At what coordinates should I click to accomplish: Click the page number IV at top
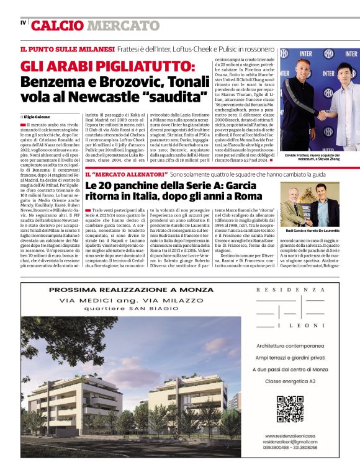(23, 23)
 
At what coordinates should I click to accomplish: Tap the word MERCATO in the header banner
(123, 25)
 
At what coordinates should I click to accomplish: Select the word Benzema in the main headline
(51, 82)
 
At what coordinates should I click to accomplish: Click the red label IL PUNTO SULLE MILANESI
(67, 49)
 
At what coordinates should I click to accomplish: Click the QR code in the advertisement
(289, 409)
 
